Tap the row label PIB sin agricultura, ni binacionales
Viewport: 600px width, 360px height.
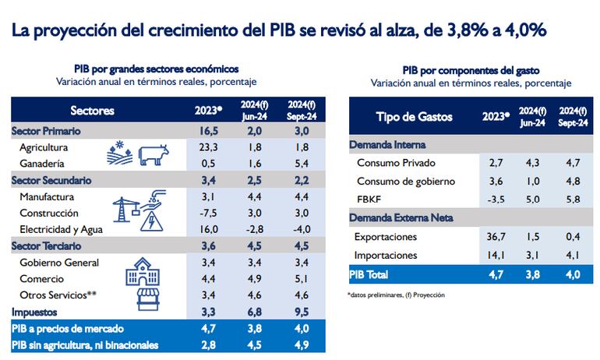(x=85, y=345)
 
